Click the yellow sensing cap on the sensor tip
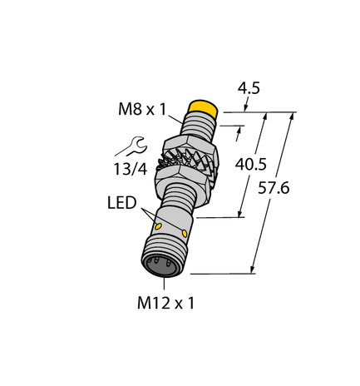coord(204,109)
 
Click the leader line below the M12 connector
coord(159,283)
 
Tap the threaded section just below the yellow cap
coord(201,125)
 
